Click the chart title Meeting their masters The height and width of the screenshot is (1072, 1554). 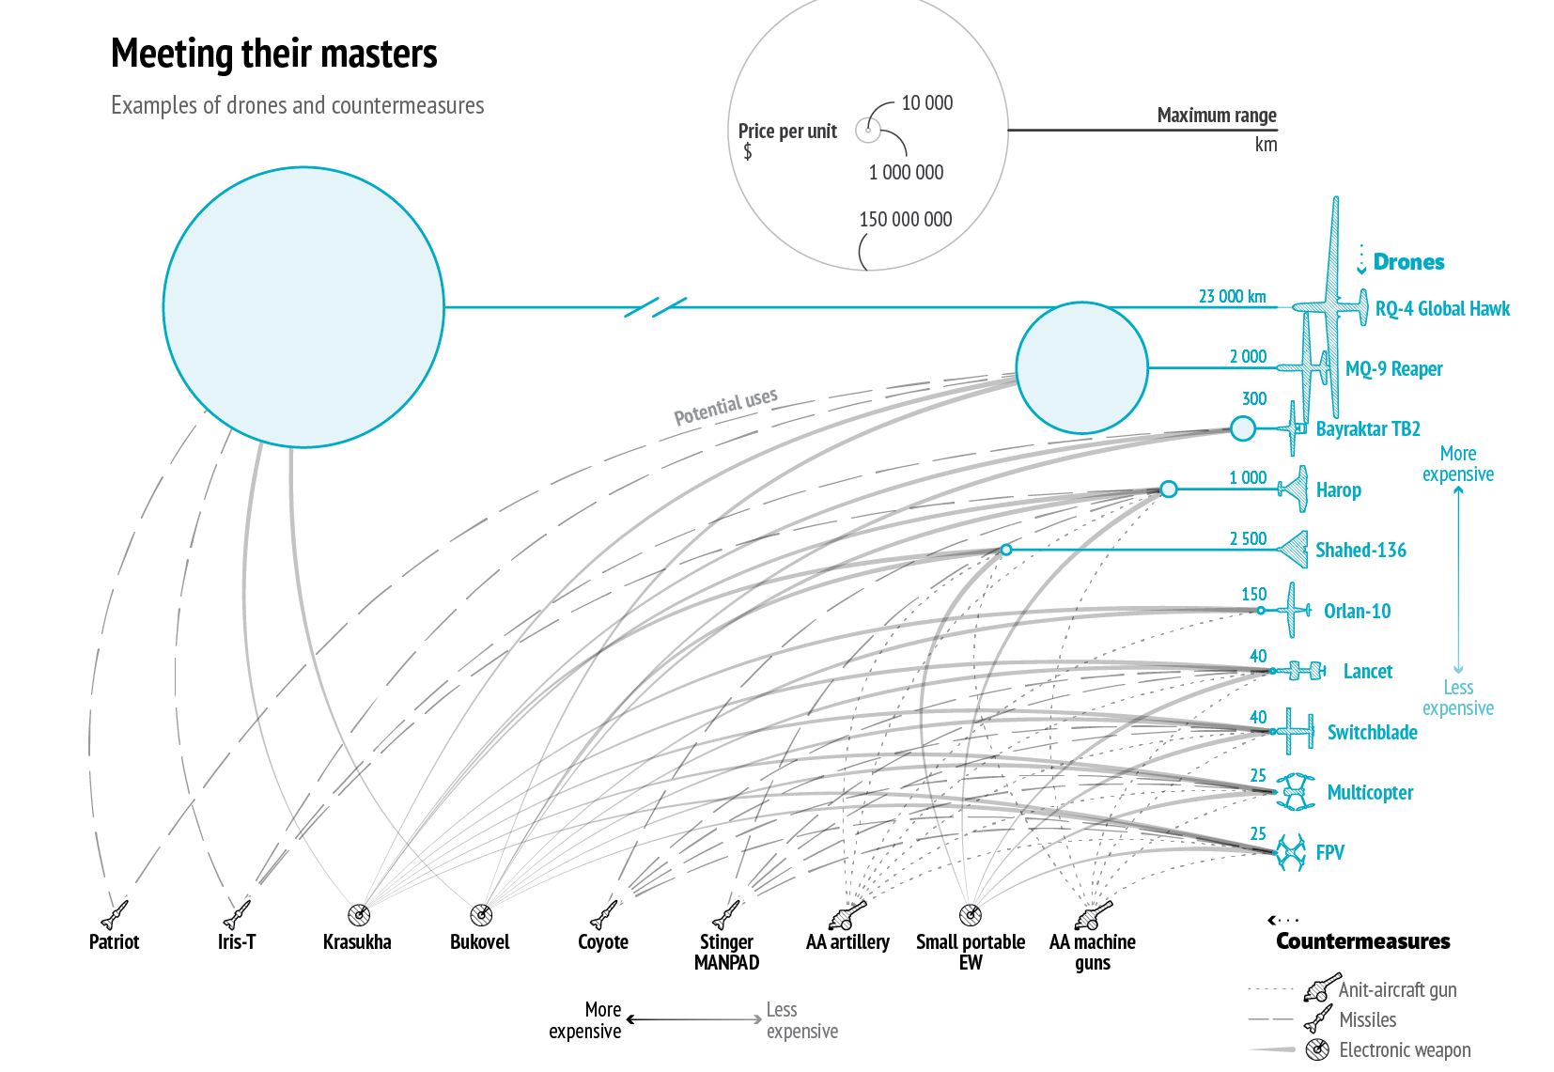[x=273, y=54]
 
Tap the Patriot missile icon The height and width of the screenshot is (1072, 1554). [x=115, y=913]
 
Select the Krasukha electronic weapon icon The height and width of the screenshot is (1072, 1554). [x=359, y=914]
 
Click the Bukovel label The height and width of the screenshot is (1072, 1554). [x=479, y=942]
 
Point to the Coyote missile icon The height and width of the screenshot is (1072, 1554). [x=604, y=913]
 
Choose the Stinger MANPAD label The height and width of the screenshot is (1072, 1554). [x=726, y=952]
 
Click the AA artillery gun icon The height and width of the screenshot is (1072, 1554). [x=847, y=913]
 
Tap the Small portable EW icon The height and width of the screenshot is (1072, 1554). [x=971, y=914]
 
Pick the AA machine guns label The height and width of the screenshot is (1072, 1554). [x=1093, y=952]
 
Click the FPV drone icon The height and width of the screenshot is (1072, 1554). [x=1291, y=852]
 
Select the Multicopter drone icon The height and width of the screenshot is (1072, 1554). [x=1296, y=792]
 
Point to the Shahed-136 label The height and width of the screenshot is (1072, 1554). [x=1360, y=551]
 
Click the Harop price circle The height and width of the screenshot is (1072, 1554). [x=1168, y=489]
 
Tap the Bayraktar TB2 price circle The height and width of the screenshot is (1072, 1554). [x=1243, y=428]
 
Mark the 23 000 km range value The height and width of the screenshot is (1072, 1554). [x=1232, y=297]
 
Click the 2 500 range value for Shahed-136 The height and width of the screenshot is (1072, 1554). [x=1248, y=539]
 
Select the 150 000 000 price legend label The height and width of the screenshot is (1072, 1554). [x=905, y=220]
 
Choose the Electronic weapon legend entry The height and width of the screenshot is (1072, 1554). [x=1405, y=1050]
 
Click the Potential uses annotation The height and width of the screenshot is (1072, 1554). [x=725, y=406]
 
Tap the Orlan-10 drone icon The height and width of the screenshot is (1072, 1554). [x=1295, y=610]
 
